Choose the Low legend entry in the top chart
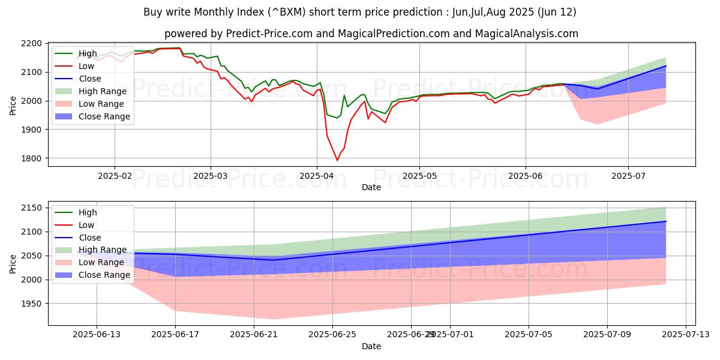click(88, 66)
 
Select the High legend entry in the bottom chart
click(88, 212)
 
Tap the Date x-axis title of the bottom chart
click(371, 347)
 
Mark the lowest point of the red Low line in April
click(337, 160)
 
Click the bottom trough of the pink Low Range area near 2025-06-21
click(273, 319)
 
